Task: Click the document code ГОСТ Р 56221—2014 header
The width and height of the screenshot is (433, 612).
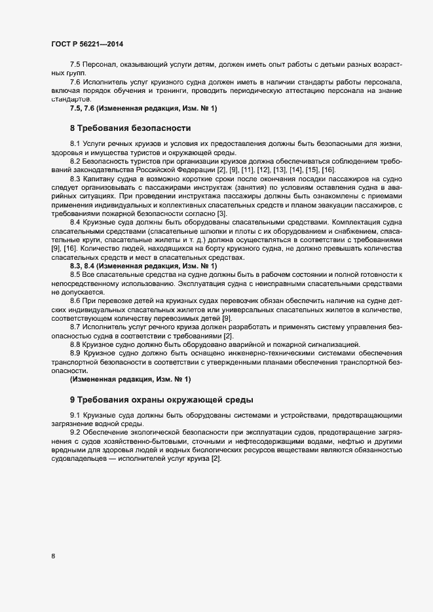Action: (x=86, y=45)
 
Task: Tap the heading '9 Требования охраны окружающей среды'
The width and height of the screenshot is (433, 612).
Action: (x=161, y=399)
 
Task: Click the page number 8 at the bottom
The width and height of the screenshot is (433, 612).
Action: (x=53, y=556)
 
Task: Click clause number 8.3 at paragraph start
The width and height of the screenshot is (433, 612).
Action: (x=75, y=179)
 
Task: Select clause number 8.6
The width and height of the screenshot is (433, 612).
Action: (x=75, y=299)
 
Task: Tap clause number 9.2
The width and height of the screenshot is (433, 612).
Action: (x=75, y=434)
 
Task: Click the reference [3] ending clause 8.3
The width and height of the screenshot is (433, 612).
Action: (x=222, y=214)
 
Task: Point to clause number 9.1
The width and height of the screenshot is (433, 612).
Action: (x=75, y=416)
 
